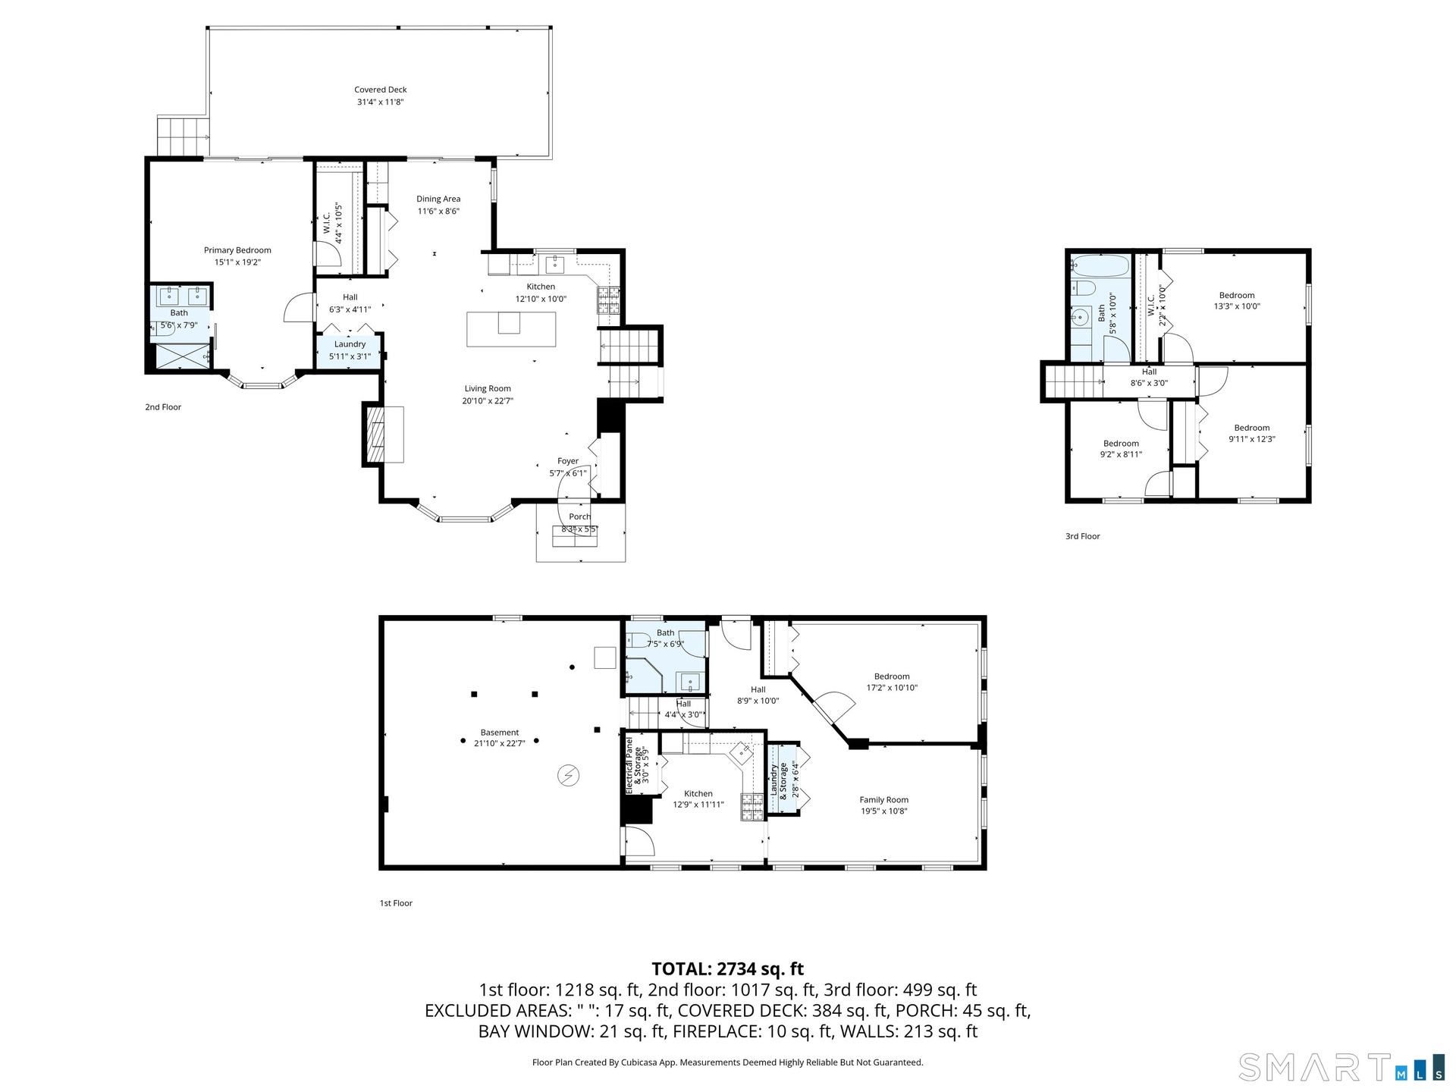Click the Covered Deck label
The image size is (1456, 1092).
(381, 89)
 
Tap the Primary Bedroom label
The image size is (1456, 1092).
(237, 250)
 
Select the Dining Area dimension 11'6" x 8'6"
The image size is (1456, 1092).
(438, 212)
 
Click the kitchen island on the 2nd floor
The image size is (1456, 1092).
(511, 329)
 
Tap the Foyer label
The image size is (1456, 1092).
(568, 461)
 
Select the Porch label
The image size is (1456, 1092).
(580, 516)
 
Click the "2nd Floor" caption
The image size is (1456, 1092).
(163, 407)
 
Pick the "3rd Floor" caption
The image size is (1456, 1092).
(1082, 536)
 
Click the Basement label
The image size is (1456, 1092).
(500, 733)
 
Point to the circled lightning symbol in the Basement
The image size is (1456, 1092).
(567, 775)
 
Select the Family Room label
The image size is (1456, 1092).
(883, 800)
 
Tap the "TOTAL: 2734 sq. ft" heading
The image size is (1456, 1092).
(728, 969)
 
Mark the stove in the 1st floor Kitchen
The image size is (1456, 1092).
(752, 808)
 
